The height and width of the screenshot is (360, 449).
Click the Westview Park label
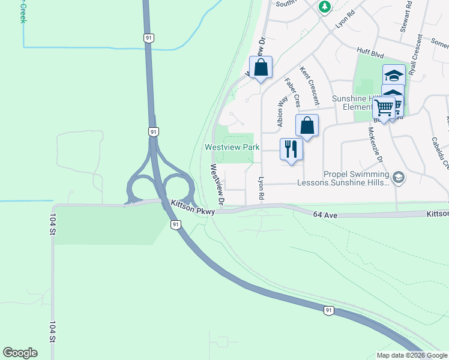[x=232, y=147]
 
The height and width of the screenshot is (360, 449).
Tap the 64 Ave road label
[x=325, y=214]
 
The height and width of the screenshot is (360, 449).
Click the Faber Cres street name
[x=292, y=93]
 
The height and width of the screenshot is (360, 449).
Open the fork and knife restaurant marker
[x=291, y=148]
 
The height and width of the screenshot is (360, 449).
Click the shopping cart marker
[x=384, y=108]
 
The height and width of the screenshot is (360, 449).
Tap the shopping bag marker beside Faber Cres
[x=307, y=126]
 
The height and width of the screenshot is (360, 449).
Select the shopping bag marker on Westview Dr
[x=261, y=67]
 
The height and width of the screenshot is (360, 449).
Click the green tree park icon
[x=325, y=7]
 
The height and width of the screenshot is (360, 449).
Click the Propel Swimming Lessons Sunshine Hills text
[x=358, y=178]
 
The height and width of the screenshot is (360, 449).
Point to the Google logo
[x=20, y=353]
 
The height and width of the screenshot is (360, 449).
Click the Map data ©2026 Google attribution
[x=412, y=355]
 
